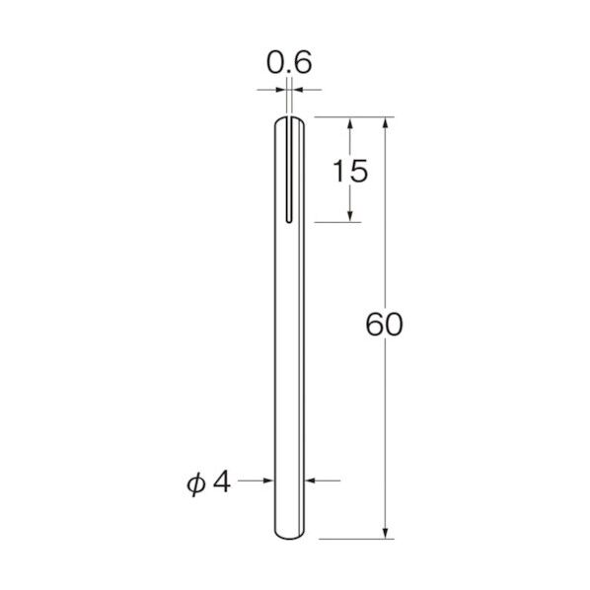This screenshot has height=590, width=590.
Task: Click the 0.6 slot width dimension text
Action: pos(289,62)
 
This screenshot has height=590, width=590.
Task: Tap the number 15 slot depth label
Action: pos(350,172)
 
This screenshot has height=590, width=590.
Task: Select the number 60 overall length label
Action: pos(384,324)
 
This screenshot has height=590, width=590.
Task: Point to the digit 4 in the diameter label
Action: pos(222,481)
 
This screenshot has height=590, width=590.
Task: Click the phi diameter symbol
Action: pos(196,484)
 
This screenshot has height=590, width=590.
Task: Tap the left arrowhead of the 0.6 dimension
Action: pos(281,90)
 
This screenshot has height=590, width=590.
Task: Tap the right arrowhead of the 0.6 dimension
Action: pos(298,90)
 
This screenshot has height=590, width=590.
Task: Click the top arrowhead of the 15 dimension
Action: pos(350,123)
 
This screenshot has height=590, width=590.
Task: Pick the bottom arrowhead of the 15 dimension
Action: pos(350,216)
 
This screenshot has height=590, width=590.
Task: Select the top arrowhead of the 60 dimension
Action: pos(385,123)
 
